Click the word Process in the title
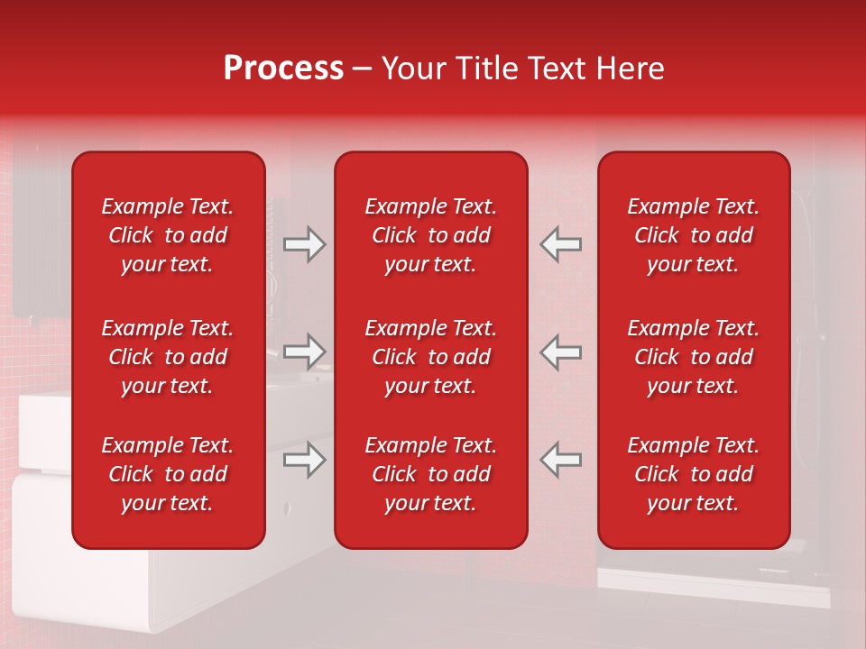pyautogui.click(x=283, y=69)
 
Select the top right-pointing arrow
pyautogui.click(x=305, y=244)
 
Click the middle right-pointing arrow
pyautogui.click(x=305, y=352)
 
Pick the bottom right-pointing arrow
pyautogui.click(x=305, y=460)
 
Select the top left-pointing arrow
pyautogui.click(x=560, y=244)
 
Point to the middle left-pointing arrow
pyautogui.click(x=560, y=352)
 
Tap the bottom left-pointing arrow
pyautogui.click(x=560, y=460)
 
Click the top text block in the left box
pyautogui.click(x=168, y=235)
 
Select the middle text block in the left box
pyautogui.click(x=168, y=357)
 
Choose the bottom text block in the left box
pyautogui.click(x=168, y=474)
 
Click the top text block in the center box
pyautogui.click(x=430, y=235)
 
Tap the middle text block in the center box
pyautogui.click(x=430, y=357)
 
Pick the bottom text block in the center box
pyautogui.click(x=430, y=474)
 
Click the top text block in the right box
pyautogui.click(x=693, y=235)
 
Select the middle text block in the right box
pyautogui.click(x=693, y=357)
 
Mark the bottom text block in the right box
pyautogui.click(x=693, y=474)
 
